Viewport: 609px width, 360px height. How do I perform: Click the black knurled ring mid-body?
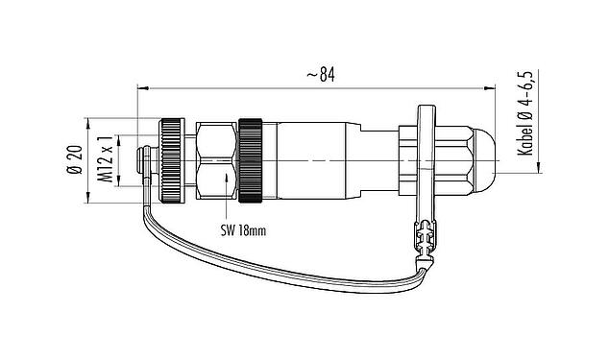coord(252,160)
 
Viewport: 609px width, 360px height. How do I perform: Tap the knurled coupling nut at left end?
coord(174,160)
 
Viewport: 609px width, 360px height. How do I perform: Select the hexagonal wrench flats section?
coord(216,160)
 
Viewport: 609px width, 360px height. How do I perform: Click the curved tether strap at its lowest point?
coord(288,269)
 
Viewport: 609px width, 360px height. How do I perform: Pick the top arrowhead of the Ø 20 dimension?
coord(90,121)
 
